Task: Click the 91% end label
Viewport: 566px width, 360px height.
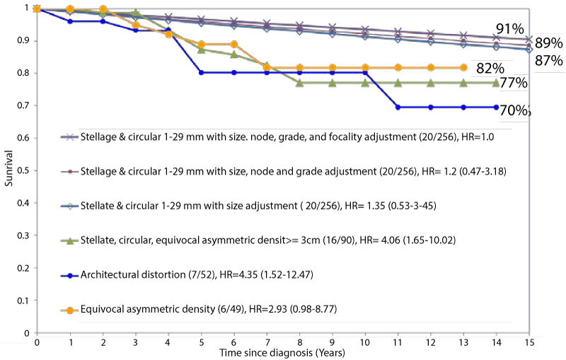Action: click(509, 29)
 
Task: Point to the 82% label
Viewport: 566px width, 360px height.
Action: click(490, 68)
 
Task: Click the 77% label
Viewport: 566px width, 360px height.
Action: click(513, 83)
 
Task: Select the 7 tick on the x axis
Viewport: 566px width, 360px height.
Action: click(267, 341)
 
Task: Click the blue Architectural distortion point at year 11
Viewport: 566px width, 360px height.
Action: click(398, 107)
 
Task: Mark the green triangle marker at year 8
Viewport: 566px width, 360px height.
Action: click(299, 83)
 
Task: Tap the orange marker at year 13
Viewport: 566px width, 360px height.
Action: click(463, 67)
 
